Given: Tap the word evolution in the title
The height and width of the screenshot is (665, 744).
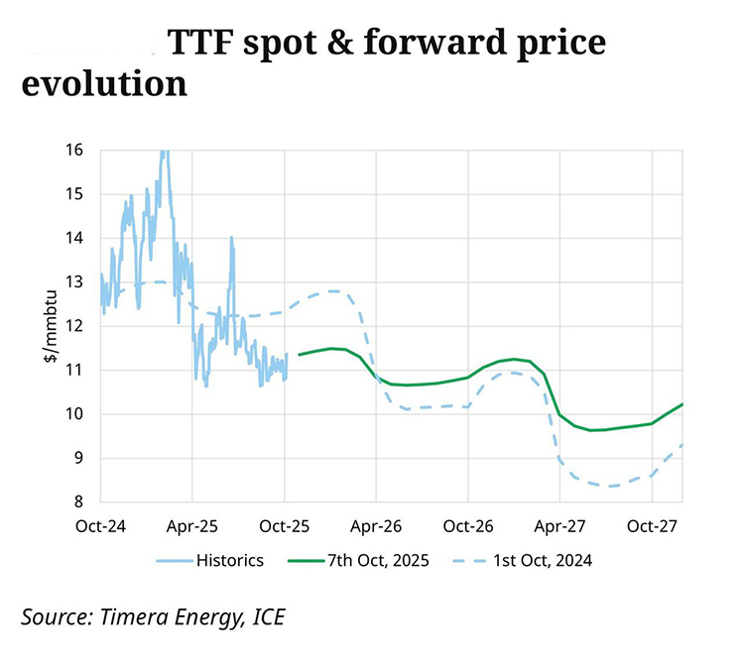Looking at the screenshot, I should pyautogui.click(x=104, y=82).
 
